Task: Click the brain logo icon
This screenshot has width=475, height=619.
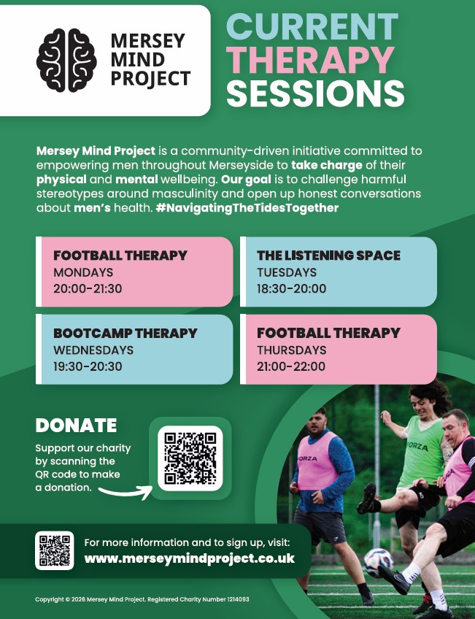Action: click(x=66, y=61)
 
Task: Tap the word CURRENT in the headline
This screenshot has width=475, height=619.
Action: click(x=312, y=27)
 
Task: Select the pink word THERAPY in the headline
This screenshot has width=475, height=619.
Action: click(x=311, y=61)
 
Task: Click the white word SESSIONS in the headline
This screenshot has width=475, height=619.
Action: click(x=315, y=93)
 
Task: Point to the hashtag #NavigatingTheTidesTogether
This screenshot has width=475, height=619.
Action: click(x=247, y=207)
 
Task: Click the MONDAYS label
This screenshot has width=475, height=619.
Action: click(x=83, y=272)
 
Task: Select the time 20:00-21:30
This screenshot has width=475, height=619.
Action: click(x=88, y=288)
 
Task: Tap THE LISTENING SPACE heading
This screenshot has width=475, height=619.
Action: click(x=328, y=255)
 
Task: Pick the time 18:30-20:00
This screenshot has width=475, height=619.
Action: click(x=292, y=288)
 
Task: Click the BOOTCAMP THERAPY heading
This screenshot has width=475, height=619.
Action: click(x=125, y=333)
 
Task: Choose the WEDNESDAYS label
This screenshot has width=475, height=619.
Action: click(x=93, y=350)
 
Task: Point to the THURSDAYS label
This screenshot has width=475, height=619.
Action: click(x=292, y=350)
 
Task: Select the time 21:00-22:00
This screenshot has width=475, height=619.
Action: click(x=291, y=366)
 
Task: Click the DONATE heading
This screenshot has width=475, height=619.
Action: click(x=76, y=426)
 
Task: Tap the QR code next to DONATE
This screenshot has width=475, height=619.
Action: click(x=190, y=458)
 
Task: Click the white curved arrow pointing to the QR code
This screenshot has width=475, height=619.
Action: click(x=125, y=492)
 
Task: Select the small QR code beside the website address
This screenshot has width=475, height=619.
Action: click(x=55, y=550)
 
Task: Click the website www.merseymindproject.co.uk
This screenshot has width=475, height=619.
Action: click(x=190, y=558)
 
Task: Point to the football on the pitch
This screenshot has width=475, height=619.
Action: click(x=379, y=563)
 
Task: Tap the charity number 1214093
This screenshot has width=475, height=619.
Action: click(x=239, y=599)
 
